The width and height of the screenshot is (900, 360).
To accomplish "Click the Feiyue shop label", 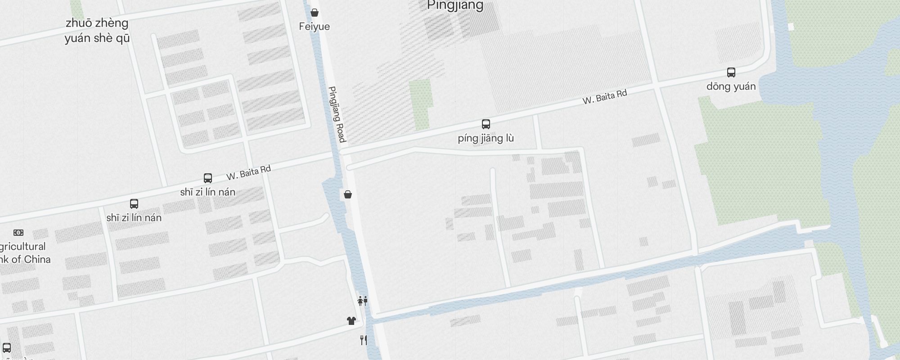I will [x=314, y=27].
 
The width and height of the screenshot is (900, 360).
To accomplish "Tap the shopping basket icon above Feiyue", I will [x=315, y=13].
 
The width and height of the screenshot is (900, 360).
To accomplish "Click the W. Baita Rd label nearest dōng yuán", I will [x=604, y=97].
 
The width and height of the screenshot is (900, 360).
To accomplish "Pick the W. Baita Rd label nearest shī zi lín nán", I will [x=248, y=172].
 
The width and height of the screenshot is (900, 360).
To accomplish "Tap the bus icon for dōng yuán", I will [x=731, y=72].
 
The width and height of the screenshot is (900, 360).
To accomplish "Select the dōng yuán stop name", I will [x=731, y=86].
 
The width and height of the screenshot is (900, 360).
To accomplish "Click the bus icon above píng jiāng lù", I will [x=486, y=124].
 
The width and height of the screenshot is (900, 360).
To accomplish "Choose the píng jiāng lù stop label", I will [x=486, y=138].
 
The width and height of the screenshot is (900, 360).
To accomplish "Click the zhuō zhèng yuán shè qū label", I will [x=97, y=31].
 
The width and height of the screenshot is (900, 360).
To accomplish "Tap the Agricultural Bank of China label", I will [x=22, y=253].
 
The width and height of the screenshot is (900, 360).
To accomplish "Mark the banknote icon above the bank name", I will [x=18, y=233].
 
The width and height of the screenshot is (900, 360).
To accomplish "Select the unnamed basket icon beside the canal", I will [x=348, y=194].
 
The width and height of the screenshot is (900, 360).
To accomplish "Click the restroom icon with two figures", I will [x=363, y=301].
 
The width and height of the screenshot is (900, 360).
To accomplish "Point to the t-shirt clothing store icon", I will [x=351, y=321].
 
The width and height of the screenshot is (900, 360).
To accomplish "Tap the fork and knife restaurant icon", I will [x=364, y=340].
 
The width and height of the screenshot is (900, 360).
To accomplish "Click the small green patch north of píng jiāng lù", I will [x=421, y=103].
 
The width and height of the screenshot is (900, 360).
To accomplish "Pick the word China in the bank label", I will [x=37, y=260].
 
